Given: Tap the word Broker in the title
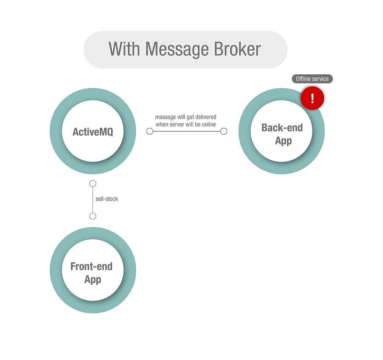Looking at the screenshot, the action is pos(238,49).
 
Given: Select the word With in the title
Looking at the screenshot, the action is pos(125,49).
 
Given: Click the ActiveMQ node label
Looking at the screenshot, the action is pos(93,132).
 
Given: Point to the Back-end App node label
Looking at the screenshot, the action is pos(282,134).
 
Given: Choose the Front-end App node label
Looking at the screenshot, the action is pos(92,273).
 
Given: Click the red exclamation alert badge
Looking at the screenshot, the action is pos(312,98).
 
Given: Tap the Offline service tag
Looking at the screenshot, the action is pos(313,79).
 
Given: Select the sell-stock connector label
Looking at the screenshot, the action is pos(107,199).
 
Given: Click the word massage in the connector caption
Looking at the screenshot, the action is pos(165,117).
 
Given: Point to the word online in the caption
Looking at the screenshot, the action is pos(207,125).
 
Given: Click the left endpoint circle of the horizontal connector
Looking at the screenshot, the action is pos(150,131).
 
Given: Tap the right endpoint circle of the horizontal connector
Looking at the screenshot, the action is pos(224,131).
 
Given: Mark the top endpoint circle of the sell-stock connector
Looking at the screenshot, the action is pos(93,184).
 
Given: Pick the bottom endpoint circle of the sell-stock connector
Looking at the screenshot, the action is pos(93,216).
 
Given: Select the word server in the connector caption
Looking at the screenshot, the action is pos(177,125).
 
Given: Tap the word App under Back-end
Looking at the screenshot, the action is pos(283,141).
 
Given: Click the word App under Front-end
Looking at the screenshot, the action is pos(92,279).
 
